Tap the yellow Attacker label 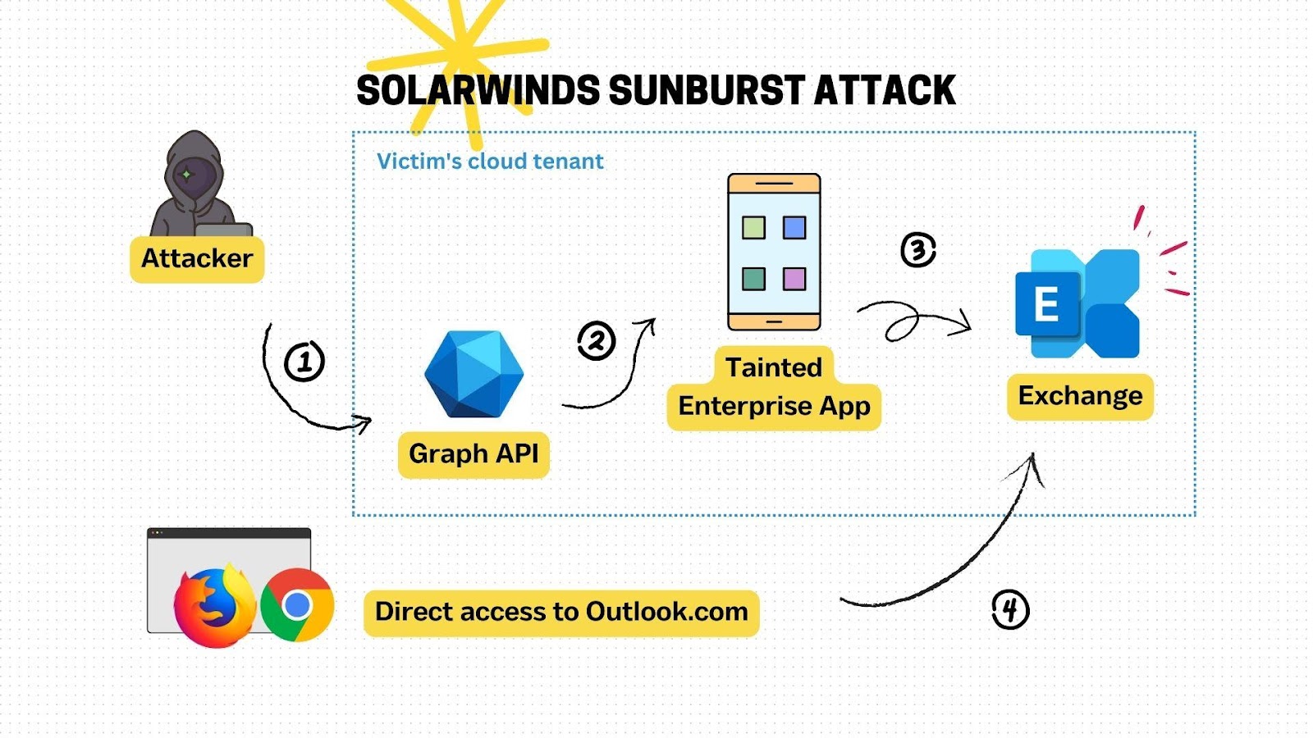[x=197, y=259]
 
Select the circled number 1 [x=304, y=362]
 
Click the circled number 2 [x=596, y=340]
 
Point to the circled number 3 [x=918, y=250]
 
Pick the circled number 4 [x=1010, y=610]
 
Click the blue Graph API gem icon [x=474, y=374]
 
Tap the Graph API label [x=474, y=454]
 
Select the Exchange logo [x=1077, y=303]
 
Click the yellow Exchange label [x=1080, y=397]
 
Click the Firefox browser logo [x=215, y=606]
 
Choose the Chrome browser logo [x=297, y=605]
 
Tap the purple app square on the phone [x=794, y=280]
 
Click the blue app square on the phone [x=794, y=228]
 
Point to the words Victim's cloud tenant [x=490, y=161]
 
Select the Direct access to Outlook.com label [x=561, y=613]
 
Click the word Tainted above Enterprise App [x=774, y=368]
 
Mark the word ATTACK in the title [x=885, y=90]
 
